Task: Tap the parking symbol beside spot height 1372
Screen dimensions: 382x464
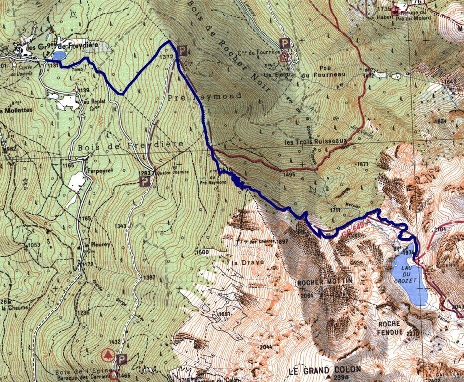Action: (183, 50)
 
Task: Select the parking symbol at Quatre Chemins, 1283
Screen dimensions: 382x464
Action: (145, 182)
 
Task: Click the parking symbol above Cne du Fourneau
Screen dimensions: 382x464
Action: (285, 43)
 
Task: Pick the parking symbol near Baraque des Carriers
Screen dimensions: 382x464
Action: (122, 359)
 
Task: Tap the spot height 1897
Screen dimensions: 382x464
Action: (282, 242)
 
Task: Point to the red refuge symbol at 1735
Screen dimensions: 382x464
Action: (396, 8)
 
